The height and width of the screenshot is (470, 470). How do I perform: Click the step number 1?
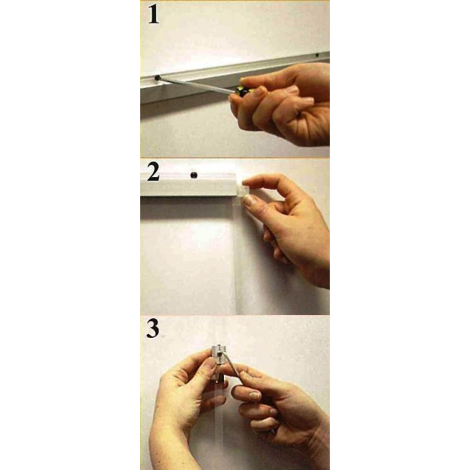point(153,15)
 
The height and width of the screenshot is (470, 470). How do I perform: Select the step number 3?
point(153,329)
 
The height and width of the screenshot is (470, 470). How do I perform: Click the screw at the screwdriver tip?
point(157,78)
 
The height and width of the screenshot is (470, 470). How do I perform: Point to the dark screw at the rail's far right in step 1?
point(317,56)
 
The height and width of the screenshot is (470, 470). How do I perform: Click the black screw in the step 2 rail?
point(194,175)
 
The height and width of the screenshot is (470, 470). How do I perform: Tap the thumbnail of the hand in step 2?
point(248,200)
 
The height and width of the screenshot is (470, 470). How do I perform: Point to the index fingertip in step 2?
point(247,181)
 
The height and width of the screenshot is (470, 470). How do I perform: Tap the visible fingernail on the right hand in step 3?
point(255,395)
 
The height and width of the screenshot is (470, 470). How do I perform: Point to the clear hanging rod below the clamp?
point(219,426)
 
